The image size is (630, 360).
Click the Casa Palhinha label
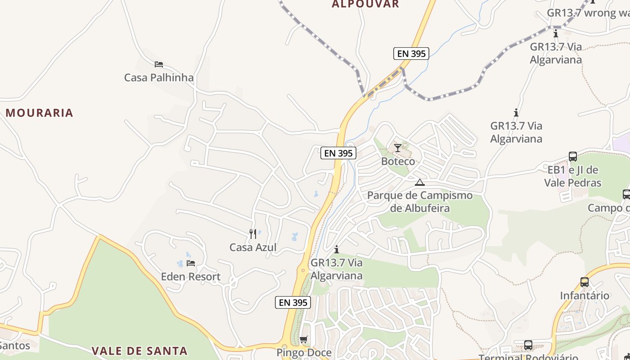[159, 77]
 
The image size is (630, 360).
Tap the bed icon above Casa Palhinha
[158, 64]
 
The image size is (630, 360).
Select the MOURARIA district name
[40, 112]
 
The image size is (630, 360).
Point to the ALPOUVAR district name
[365, 4]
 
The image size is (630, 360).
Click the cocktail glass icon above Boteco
[397, 148]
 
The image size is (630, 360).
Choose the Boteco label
[398, 161]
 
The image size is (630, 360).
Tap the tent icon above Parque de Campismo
[420, 182]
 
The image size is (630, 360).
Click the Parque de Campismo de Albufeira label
[420, 202]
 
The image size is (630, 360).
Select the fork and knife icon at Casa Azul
[253, 234]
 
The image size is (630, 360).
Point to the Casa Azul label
[253, 247]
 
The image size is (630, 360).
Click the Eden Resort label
[191, 276]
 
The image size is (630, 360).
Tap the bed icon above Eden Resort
[191, 263]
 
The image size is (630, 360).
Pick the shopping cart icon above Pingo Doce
[304, 339]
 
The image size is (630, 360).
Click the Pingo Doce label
[304, 352]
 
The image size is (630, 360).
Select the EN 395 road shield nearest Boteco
[338, 153]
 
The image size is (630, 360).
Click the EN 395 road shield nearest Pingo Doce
[293, 303]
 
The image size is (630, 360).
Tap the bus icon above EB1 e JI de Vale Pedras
[573, 156]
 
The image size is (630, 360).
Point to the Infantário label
[584, 296]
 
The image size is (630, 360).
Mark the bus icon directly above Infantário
[584, 282]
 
